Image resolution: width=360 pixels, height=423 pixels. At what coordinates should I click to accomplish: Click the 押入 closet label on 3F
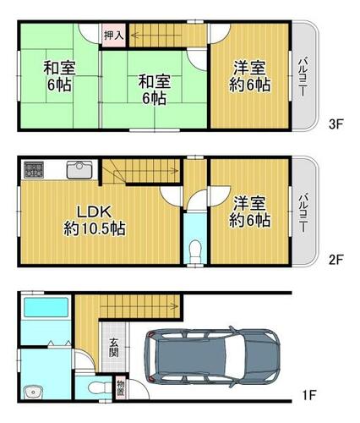pos(114,36)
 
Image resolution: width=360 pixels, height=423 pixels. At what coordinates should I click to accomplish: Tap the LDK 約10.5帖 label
pos(95,220)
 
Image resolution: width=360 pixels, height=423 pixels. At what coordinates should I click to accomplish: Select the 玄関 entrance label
pos(114,347)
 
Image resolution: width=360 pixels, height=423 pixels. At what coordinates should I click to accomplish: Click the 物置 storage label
pos(120,388)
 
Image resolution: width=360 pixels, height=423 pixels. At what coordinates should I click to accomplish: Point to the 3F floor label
pos(335,124)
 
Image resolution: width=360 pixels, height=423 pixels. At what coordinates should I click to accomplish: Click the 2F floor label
pos(335,260)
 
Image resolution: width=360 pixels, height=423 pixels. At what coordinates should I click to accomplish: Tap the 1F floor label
pos(308,395)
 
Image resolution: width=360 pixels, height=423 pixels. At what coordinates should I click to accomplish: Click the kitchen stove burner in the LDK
pos(34,170)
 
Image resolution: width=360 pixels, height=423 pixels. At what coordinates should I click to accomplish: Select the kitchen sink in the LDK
pos(79,169)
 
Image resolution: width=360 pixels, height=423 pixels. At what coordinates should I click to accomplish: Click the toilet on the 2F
pos(195,250)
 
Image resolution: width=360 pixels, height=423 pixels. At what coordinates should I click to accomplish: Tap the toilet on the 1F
pos(98,388)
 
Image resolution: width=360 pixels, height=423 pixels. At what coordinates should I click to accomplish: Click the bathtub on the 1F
pos(46,307)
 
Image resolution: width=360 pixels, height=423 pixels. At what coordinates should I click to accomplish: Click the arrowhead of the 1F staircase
pos(176,306)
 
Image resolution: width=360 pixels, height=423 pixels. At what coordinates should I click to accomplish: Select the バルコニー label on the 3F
pos(303,77)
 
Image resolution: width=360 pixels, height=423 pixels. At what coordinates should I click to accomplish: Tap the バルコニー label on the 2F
pos(303,212)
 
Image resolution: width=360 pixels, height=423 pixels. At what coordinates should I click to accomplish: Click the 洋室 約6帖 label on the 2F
pos(249,211)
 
